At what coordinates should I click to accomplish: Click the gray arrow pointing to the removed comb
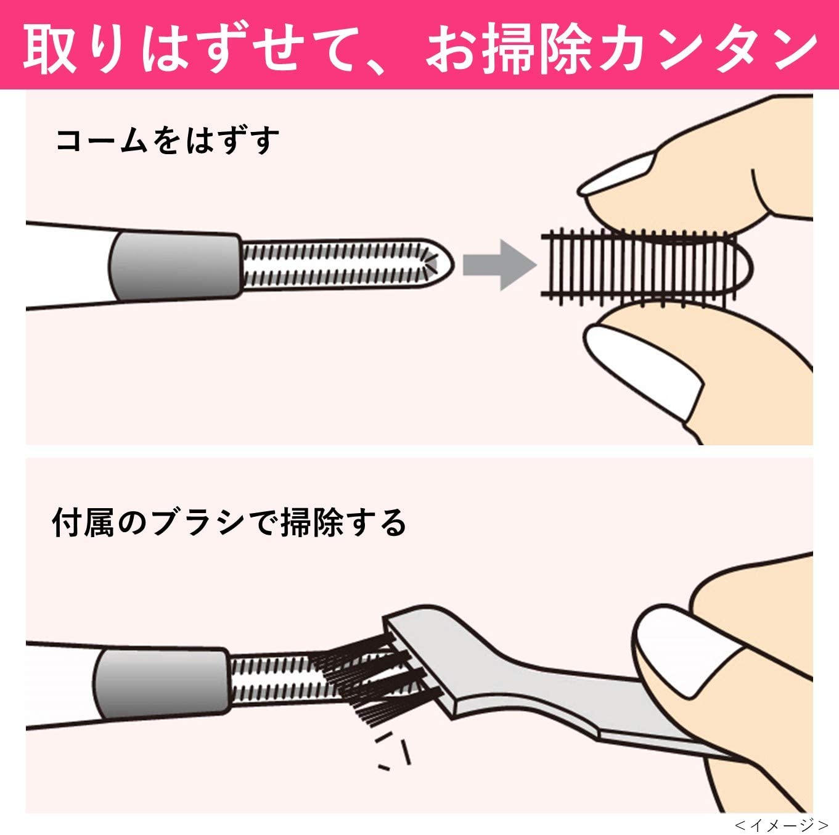coord(499,265)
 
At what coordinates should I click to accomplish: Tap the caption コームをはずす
coord(168,140)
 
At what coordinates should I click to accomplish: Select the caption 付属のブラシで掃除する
coord(229,523)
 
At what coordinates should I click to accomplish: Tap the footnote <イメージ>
coord(782,823)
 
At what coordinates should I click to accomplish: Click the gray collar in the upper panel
coord(175,266)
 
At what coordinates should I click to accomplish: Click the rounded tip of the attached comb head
coord(440,263)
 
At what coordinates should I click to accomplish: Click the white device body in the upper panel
coord(70,266)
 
